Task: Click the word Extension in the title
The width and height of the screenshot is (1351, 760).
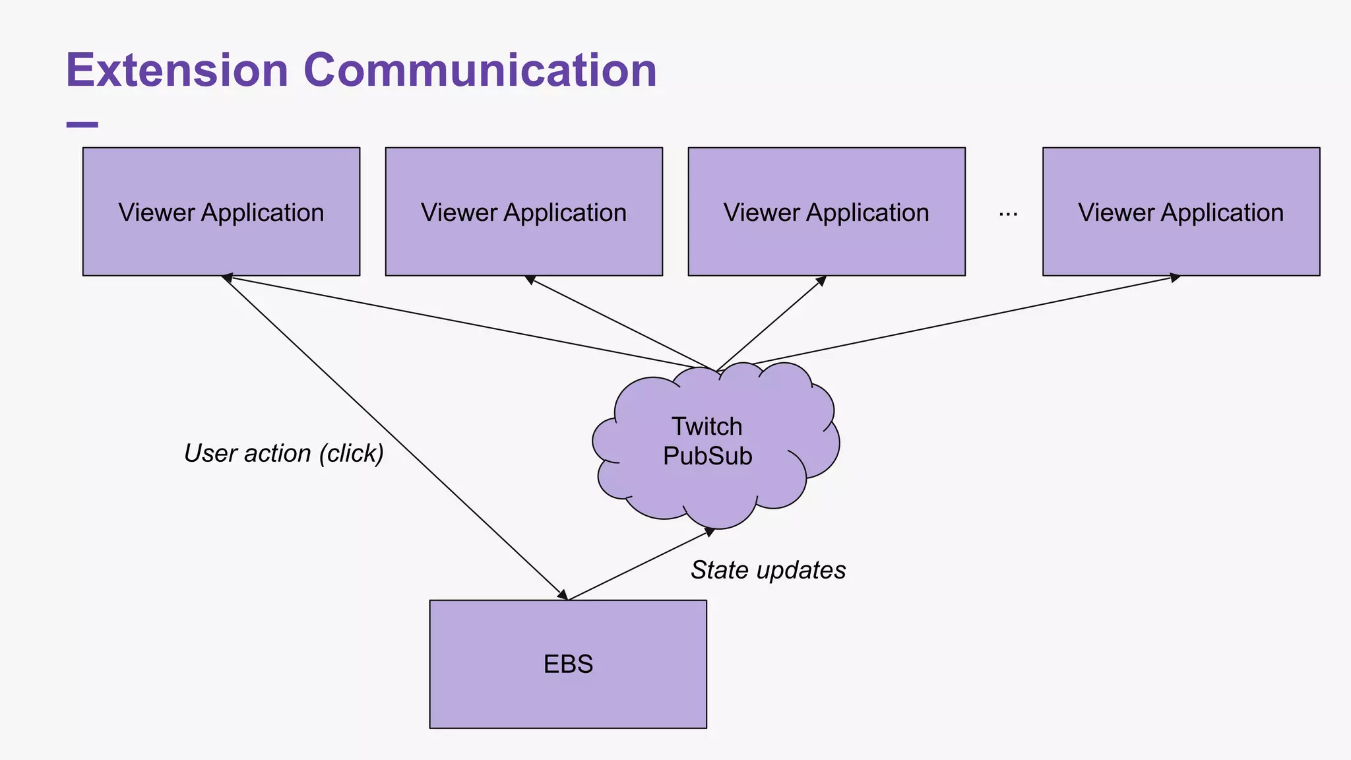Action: [x=177, y=70]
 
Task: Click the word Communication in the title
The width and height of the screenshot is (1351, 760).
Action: [x=480, y=70]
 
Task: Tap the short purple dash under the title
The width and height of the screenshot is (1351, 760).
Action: [x=82, y=124]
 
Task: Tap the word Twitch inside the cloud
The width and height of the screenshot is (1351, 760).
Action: [x=707, y=427]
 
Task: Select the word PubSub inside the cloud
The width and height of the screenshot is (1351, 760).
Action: [x=707, y=457]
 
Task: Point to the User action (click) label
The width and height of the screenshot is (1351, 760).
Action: [x=284, y=453]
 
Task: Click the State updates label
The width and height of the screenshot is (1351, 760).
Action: [x=768, y=570]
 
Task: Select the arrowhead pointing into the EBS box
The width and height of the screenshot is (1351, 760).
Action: [x=563, y=594]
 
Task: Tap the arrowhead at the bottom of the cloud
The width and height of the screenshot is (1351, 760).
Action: [x=710, y=531]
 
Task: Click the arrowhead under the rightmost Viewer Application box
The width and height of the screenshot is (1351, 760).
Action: [x=1175, y=278]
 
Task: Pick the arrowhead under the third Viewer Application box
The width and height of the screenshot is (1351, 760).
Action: [x=821, y=280]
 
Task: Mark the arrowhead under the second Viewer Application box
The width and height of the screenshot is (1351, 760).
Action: [x=530, y=280]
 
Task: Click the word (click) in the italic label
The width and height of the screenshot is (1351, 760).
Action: [x=351, y=453]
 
